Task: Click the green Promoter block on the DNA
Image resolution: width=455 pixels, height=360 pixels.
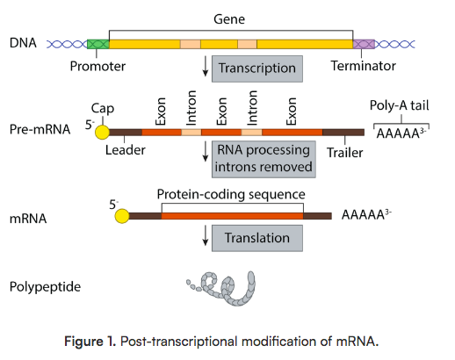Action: pyautogui.click(x=98, y=43)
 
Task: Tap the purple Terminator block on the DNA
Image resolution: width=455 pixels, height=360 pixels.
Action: pyautogui.click(x=364, y=43)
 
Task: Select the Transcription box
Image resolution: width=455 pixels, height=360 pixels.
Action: pyautogui.click(x=258, y=68)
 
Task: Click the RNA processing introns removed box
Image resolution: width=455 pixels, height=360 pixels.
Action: pyautogui.click(x=263, y=159)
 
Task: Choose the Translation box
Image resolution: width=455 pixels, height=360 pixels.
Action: pyautogui.click(x=257, y=237)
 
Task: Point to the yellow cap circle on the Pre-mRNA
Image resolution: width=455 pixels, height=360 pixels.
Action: pyautogui.click(x=102, y=132)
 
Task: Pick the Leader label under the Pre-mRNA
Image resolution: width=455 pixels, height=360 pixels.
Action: pyautogui.click(x=126, y=150)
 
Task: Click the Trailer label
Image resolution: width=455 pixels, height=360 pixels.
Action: pyautogui.click(x=343, y=150)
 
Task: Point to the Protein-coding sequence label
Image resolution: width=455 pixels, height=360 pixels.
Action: pyautogui.click(x=231, y=194)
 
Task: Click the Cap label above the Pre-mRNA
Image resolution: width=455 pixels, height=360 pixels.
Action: pyautogui.click(x=102, y=108)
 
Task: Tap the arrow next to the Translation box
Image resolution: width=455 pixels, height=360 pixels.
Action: pyautogui.click(x=206, y=236)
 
